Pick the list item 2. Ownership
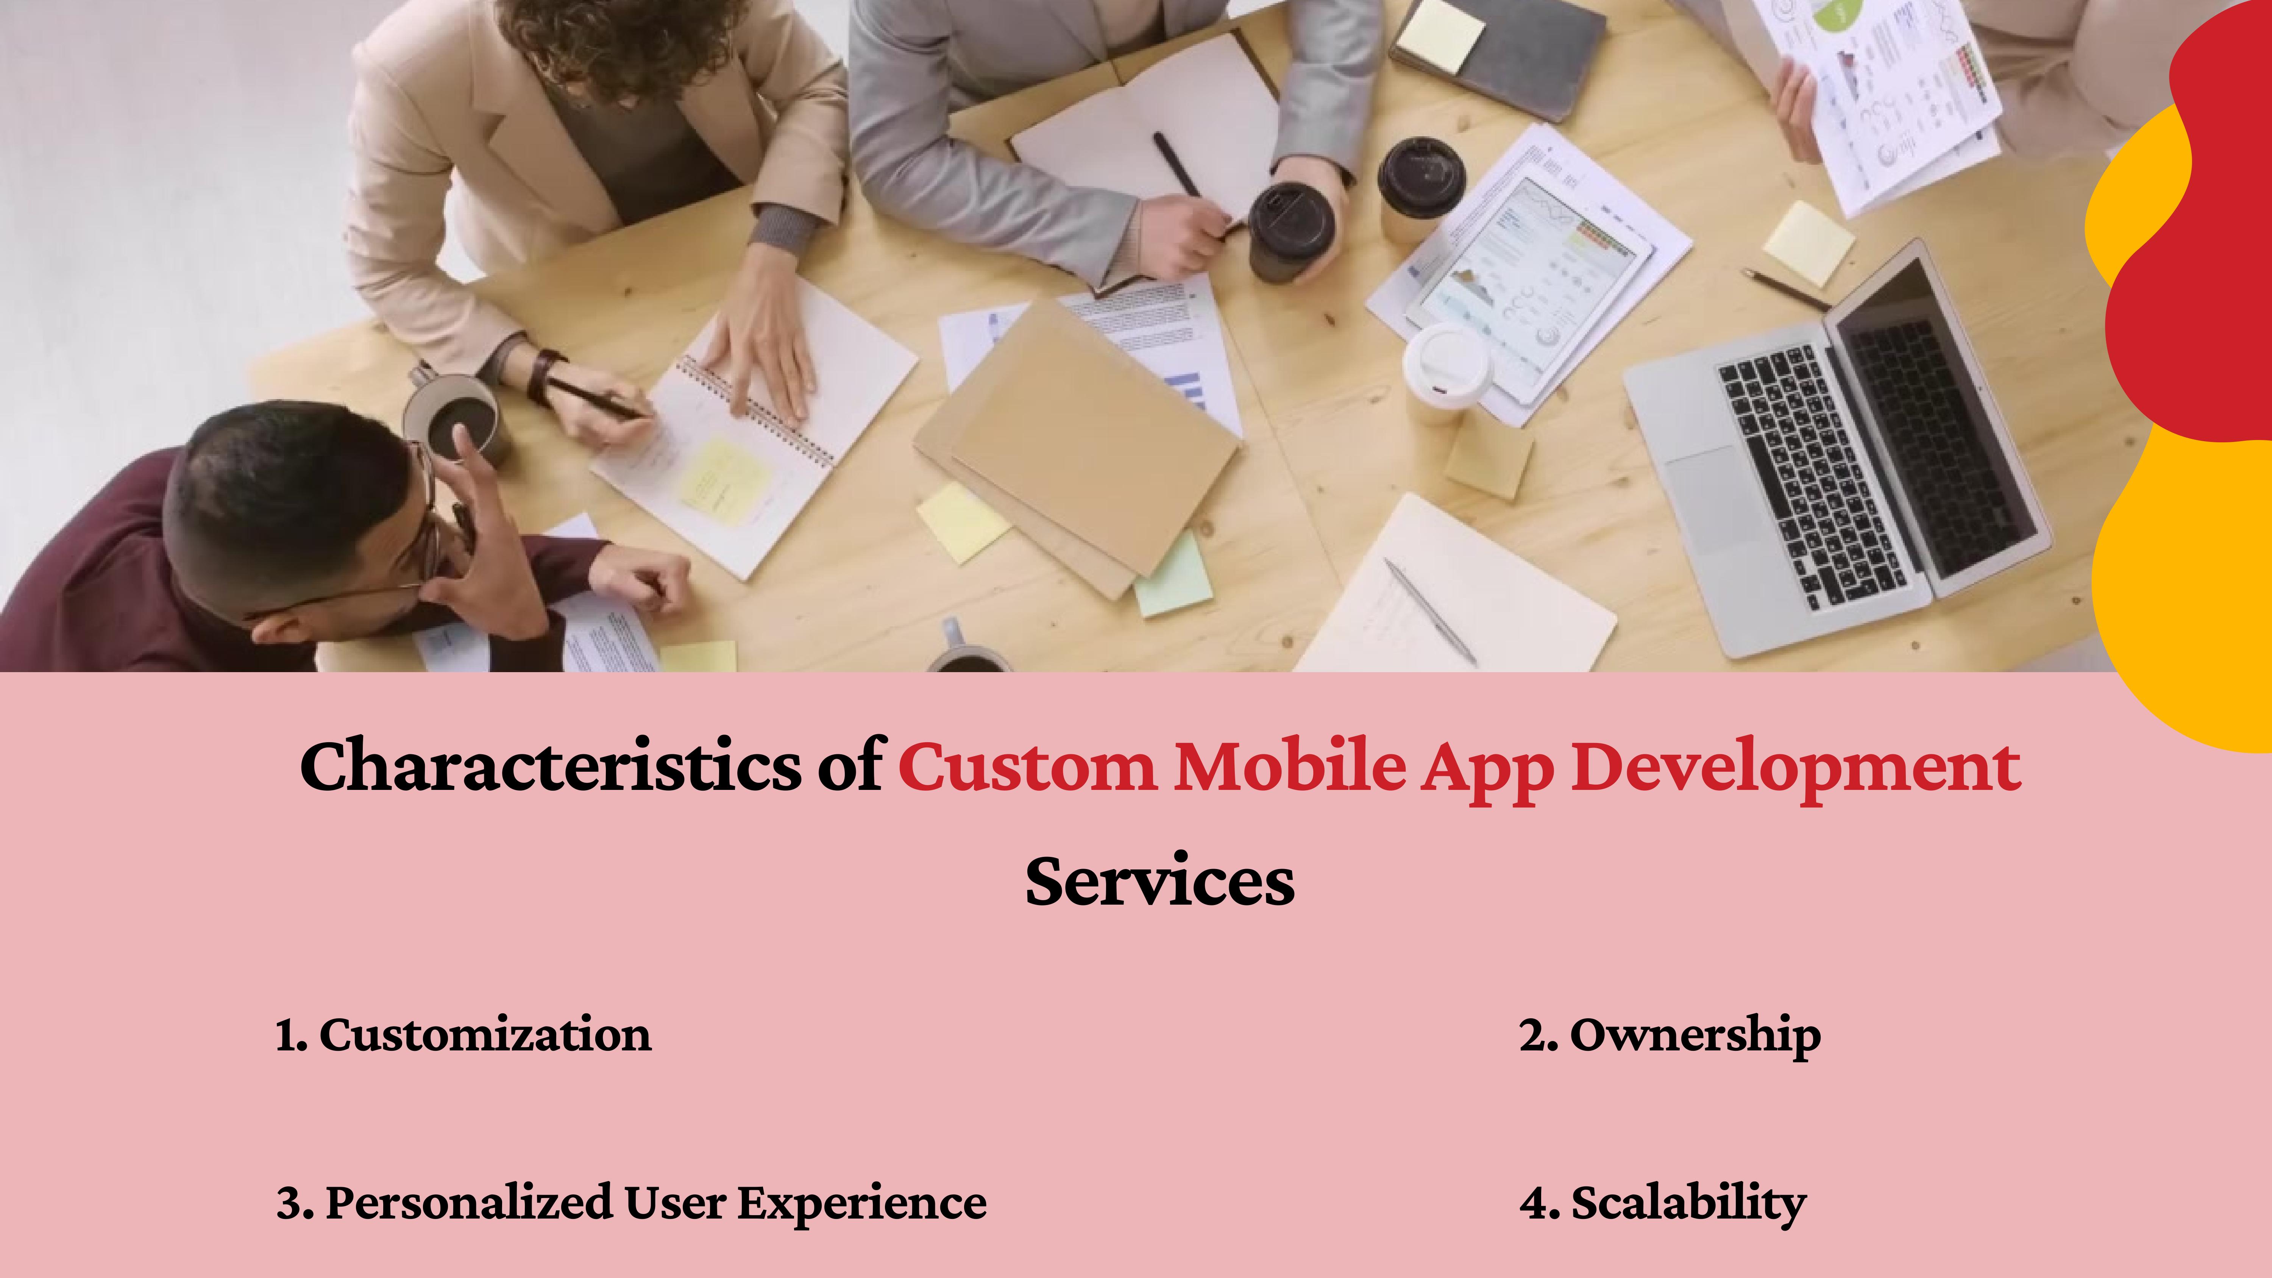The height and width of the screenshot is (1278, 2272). (x=1669, y=1035)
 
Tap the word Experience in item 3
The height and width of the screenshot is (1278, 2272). (x=862, y=1203)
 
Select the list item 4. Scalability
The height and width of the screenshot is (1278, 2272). (x=1663, y=1203)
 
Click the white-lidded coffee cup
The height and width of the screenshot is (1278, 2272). (x=1447, y=370)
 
